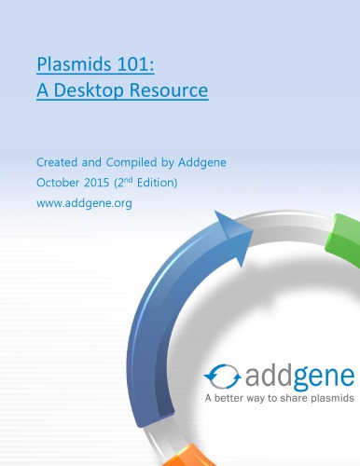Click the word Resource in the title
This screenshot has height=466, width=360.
pos(173,92)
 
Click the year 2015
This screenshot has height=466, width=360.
pos(110,182)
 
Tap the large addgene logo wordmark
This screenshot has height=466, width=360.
pos(298,376)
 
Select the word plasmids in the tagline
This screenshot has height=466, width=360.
pos(335,400)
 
